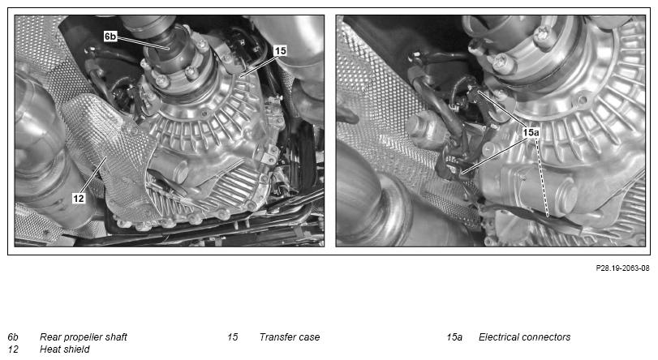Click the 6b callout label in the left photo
pyautogui.click(x=110, y=36)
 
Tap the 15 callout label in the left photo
pyautogui.click(x=280, y=51)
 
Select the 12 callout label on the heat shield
pyautogui.click(x=79, y=198)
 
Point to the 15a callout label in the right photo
pyautogui.click(x=531, y=132)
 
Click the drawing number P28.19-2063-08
pyautogui.click(x=622, y=268)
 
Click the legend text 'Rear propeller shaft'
pyautogui.click(x=83, y=337)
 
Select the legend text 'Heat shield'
pyautogui.click(x=65, y=349)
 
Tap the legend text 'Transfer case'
pyautogui.click(x=290, y=337)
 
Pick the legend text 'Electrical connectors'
pyautogui.click(x=525, y=337)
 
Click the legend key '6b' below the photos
pyautogui.click(x=13, y=337)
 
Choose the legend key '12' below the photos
pyautogui.click(x=13, y=349)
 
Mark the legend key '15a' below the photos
pyautogui.click(x=454, y=337)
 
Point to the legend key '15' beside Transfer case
pyautogui.click(x=233, y=337)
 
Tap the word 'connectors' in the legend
pyautogui.click(x=547, y=337)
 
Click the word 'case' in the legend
pyautogui.click(x=310, y=337)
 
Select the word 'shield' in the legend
pyautogui.click(x=76, y=349)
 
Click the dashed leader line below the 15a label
pyautogui.click(x=541, y=177)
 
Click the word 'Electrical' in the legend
pyautogui.click(x=500, y=337)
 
